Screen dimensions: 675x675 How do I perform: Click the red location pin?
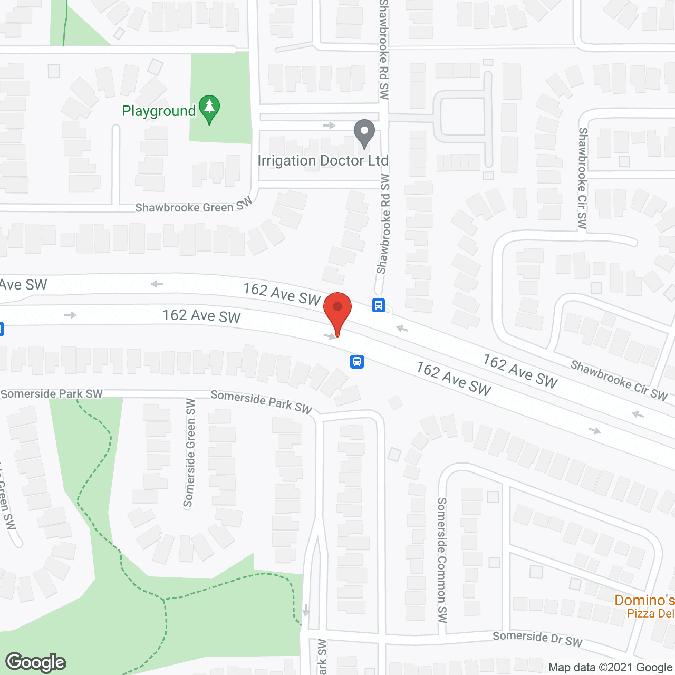point(337,311)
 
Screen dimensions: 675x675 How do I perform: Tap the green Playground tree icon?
point(209,109)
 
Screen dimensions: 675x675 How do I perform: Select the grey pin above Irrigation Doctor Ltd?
point(364,133)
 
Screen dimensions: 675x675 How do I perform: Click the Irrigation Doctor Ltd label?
point(323,161)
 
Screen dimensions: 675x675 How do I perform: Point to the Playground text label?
point(159,111)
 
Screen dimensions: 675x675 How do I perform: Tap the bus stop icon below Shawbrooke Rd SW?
point(379,305)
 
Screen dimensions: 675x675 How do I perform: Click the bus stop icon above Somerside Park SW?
point(357,362)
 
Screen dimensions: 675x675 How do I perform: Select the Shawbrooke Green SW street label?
point(194,206)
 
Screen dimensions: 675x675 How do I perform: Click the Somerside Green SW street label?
point(189,452)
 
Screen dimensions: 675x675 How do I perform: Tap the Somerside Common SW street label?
point(442,560)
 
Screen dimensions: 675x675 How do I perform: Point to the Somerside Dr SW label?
point(537,639)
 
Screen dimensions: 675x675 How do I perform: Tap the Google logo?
point(36,662)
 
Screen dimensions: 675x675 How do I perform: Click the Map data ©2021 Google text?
point(610,667)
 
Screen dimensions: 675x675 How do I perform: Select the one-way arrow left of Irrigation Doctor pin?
point(330,126)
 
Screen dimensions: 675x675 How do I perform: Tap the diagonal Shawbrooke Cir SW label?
point(619,380)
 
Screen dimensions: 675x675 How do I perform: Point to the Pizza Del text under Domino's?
point(650,613)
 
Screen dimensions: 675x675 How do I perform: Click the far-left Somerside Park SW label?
point(52,394)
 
